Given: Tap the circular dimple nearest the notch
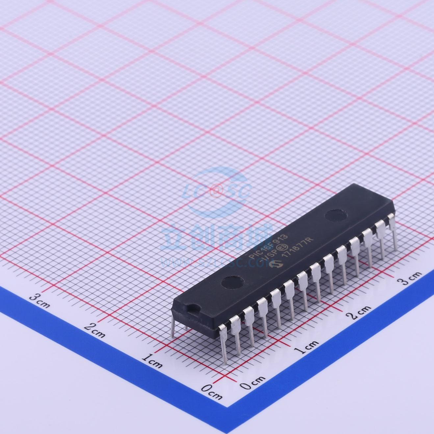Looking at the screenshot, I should click(232, 282).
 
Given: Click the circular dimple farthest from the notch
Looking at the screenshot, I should click(336, 216).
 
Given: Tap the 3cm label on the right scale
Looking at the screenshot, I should click(410, 278).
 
